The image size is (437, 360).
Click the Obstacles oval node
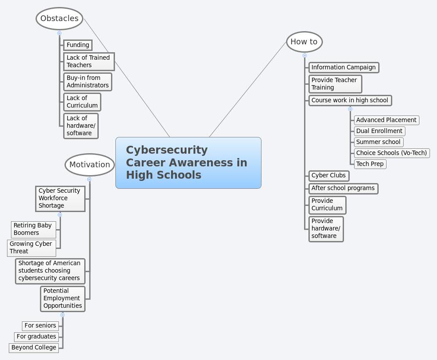[59, 18]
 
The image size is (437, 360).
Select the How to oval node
[304, 42]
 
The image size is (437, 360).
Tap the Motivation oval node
[90, 165]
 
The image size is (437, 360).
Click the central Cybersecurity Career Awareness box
[188, 162]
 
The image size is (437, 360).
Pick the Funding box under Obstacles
[78, 45]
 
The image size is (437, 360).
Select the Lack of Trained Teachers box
[89, 61]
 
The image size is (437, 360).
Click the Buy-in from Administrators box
[87, 82]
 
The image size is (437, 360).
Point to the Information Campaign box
[344, 67]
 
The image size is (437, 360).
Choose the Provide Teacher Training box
[335, 84]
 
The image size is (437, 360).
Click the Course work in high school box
[350, 100]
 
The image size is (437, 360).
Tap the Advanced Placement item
[386, 120]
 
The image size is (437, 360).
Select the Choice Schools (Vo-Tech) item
[391, 153]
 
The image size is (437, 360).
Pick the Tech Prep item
[370, 164]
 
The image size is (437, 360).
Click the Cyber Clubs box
[329, 175]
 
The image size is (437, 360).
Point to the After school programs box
[343, 188]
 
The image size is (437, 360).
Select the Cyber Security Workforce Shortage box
[60, 198]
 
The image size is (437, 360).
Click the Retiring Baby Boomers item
[33, 229]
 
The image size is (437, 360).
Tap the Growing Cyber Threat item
[32, 248]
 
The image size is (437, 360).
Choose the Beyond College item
[34, 347]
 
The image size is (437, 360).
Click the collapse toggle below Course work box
[350, 109]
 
